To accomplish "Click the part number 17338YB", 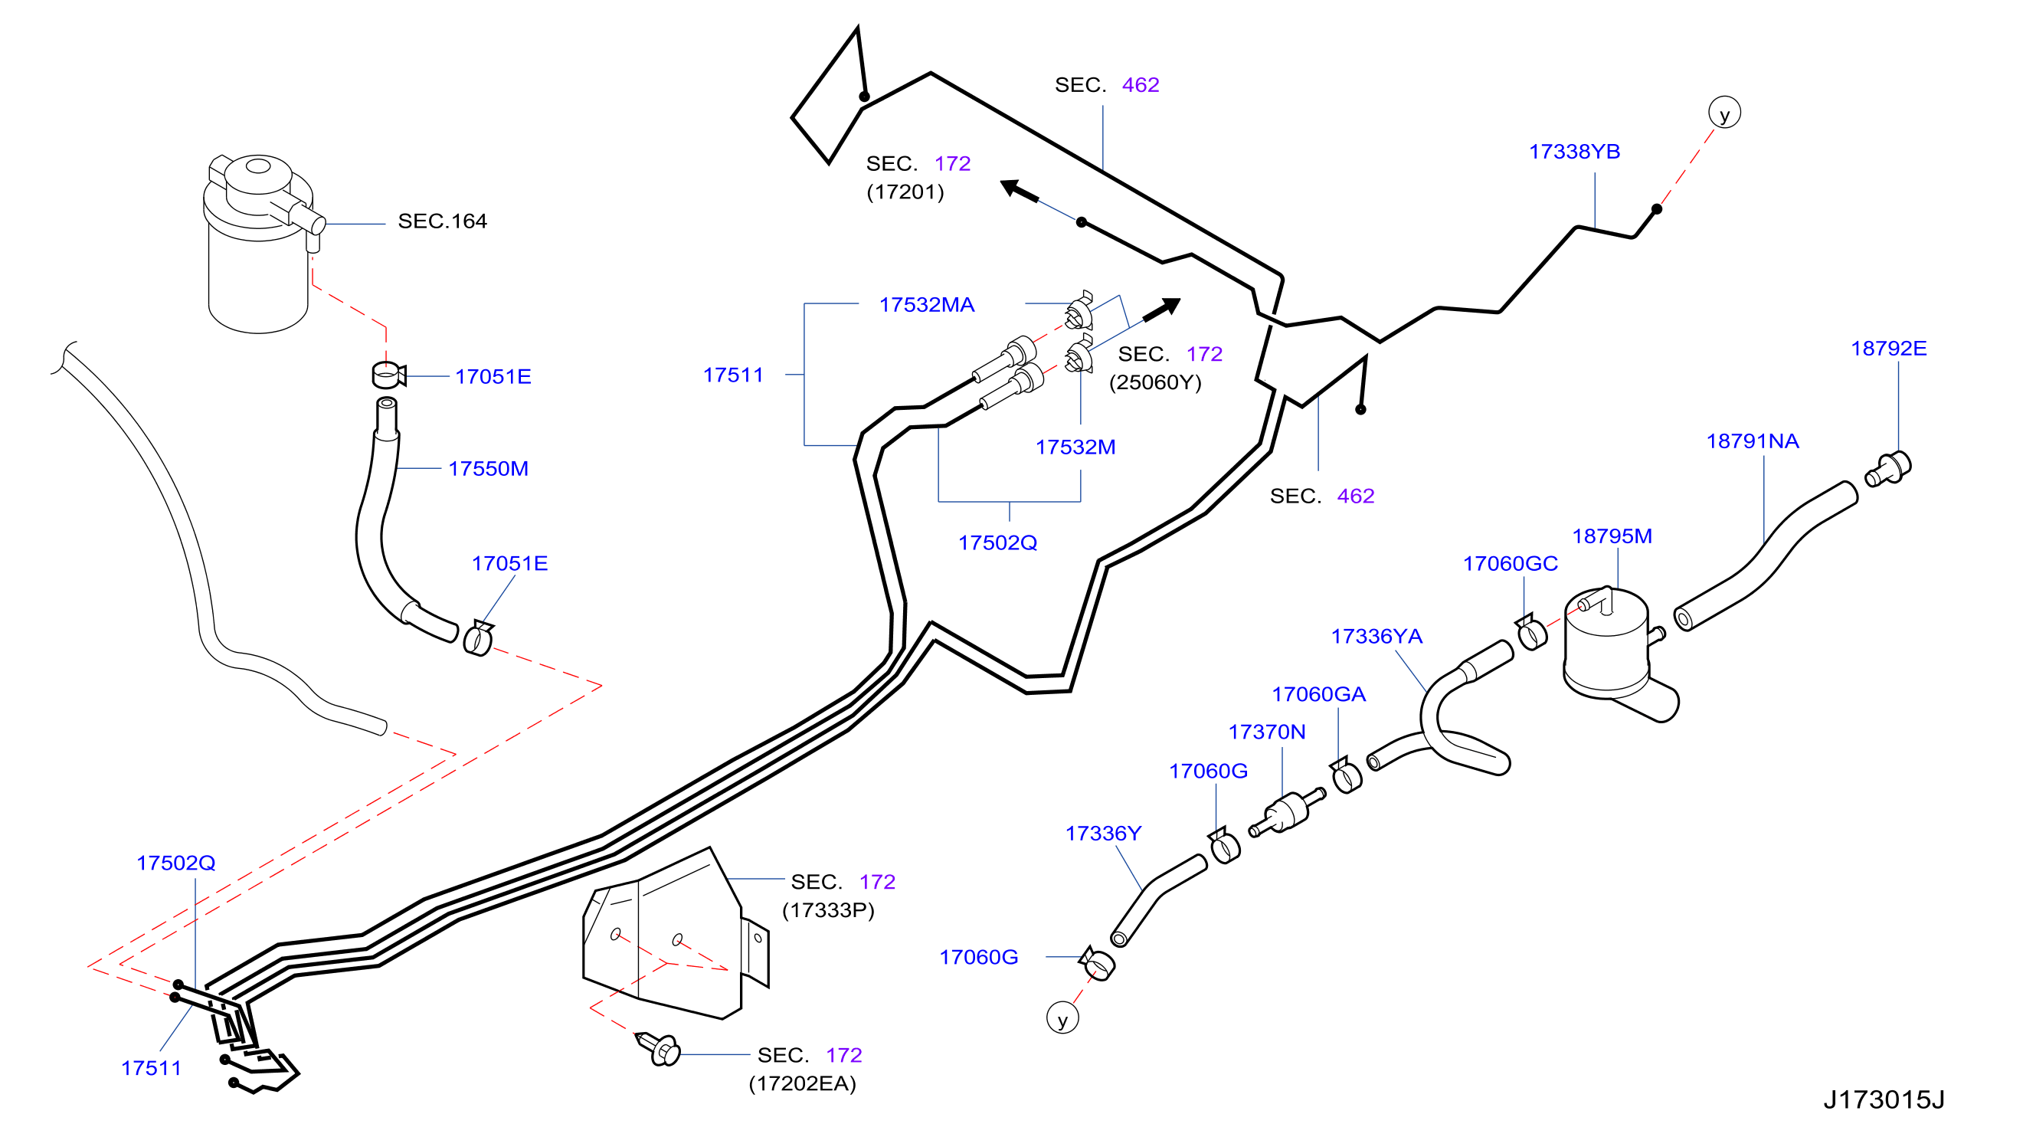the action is click(x=1574, y=152).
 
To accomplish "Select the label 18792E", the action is click(x=1888, y=348).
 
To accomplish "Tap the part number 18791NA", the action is click(x=1752, y=441).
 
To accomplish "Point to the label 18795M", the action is click(x=1612, y=536).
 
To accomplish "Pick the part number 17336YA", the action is click(x=1376, y=636).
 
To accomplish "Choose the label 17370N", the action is click(x=1266, y=732).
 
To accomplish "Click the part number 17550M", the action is click(x=488, y=468).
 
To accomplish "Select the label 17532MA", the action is click(x=927, y=304).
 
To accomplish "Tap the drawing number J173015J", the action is click(x=1884, y=1099).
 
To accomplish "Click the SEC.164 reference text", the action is click(x=442, y=221).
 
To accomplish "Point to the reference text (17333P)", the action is click(x=828, y=910).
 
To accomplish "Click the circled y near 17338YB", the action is click(x=1724, y=113).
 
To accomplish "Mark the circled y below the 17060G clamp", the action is click(x=1062, y=1018).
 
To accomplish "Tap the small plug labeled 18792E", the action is click(x=1888, y=469).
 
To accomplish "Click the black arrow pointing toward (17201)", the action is click(x=1020, y=191).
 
